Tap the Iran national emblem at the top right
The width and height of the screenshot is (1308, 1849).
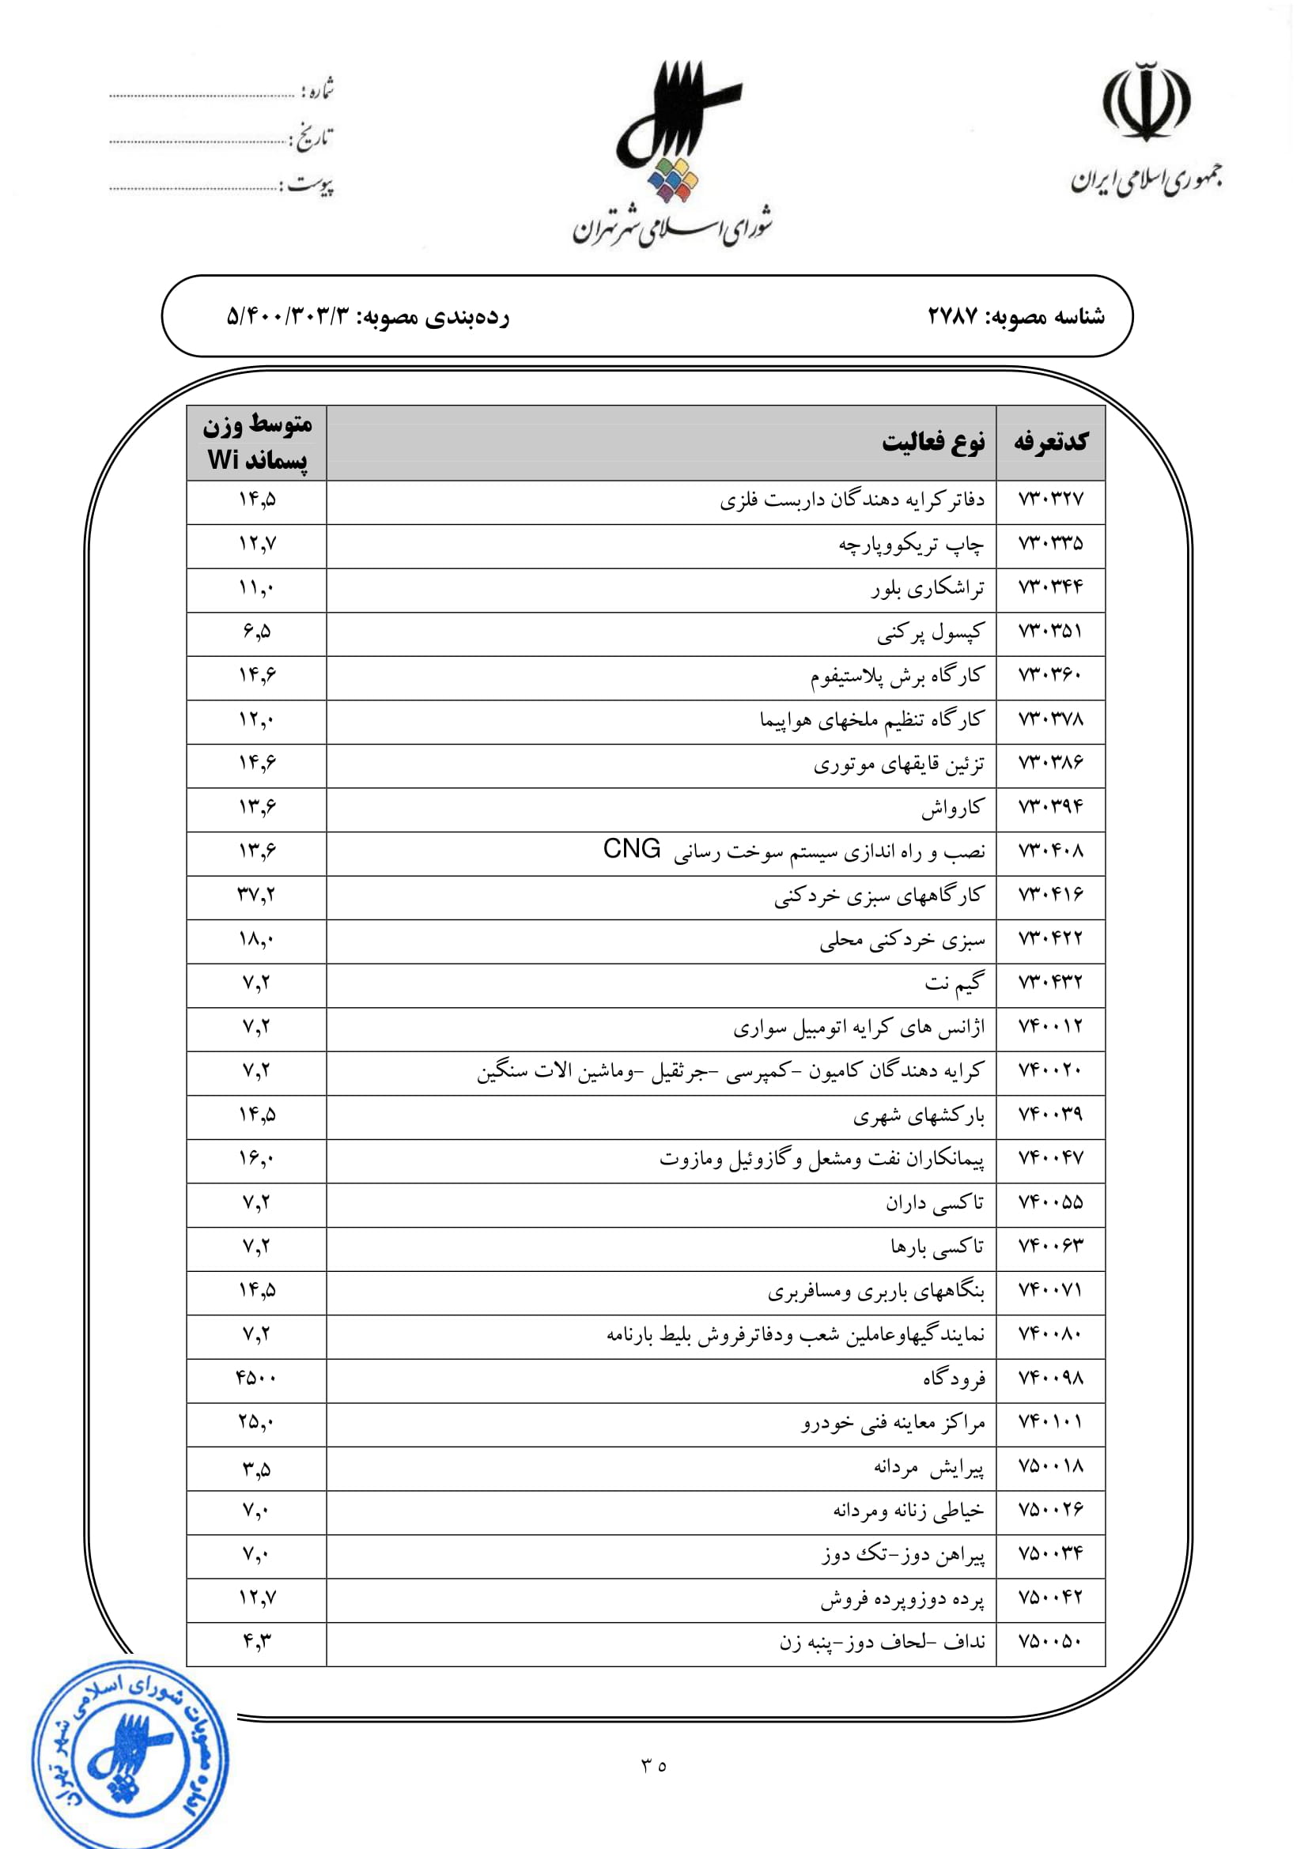point(1146,102)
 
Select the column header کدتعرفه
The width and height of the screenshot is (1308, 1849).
point(1050,442)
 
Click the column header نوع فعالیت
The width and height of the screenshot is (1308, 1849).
point(932,442)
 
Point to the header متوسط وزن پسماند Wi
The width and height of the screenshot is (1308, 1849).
point(257,442)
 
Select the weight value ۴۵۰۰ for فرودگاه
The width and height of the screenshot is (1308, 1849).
point(257,1378)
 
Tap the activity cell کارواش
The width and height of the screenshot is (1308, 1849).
point(952,808)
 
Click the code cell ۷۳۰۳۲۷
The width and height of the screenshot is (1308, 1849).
point(1050,500)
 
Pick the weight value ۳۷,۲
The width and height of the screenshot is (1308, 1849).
point(257,895)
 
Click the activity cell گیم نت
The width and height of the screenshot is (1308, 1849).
point(955,983)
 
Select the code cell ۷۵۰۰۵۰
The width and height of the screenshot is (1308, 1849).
point(1050,1641)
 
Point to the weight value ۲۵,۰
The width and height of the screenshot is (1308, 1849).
point(257,1422)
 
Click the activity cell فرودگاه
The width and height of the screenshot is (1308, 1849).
point(954,1379)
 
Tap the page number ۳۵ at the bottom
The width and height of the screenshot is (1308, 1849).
point(654,1766)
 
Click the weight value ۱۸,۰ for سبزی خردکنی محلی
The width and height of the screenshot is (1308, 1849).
point(257,939)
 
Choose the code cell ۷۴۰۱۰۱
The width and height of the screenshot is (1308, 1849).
point(1050,1422)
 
